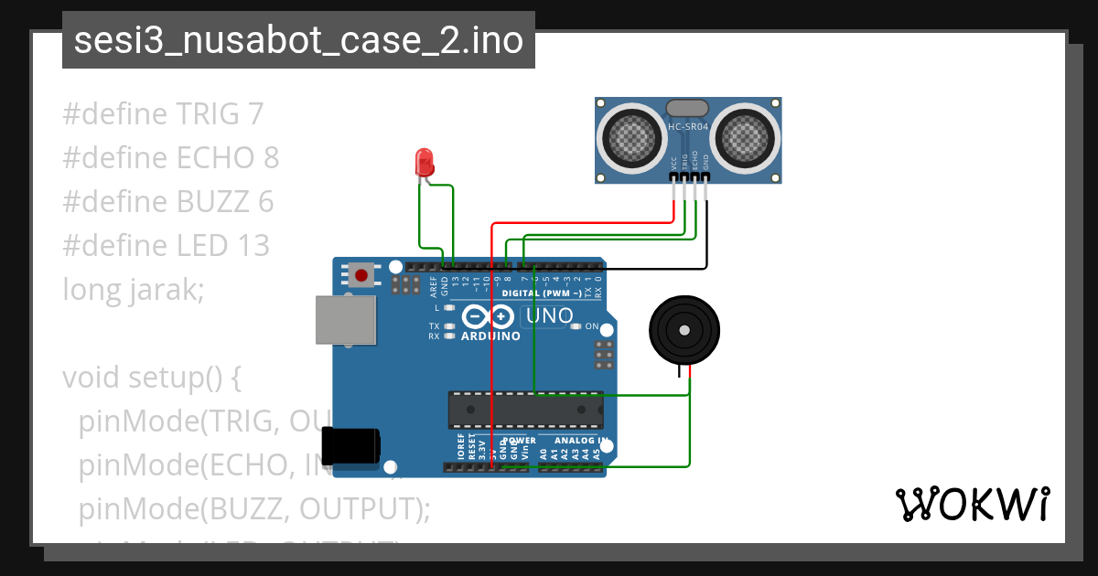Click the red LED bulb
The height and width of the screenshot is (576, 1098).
click(x=425, y=163)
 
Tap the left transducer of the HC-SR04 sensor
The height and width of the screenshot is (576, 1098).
click(x=630, y=138)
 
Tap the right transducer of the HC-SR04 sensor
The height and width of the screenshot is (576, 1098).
click(x=746, y=138)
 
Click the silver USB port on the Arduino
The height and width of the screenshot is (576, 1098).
click(x=346, y=319)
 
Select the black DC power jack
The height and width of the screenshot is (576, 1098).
click(x=353, y=445)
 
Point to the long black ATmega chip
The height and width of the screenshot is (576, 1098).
click(x=525, y=409)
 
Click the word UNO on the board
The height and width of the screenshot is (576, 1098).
click(x=546, y=316)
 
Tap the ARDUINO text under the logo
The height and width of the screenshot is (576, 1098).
click(x=491, y=336)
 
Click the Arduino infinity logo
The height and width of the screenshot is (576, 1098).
click(x=489, y=316)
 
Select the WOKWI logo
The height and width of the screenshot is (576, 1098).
click(x=972, y=504)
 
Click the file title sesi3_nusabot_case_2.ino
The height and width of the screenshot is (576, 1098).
click(x=298, y=41)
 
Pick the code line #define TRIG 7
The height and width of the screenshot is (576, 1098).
click(x=163, y=114)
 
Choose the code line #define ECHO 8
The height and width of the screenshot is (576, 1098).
click(x=170, y=158)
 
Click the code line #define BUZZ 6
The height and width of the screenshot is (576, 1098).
click(x=168, y=202)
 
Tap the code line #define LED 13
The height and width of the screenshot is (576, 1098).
click(x=166, y=246)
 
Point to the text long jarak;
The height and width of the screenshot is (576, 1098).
click(x=134, y=290)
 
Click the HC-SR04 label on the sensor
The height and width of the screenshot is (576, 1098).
click(x=688, y=127)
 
